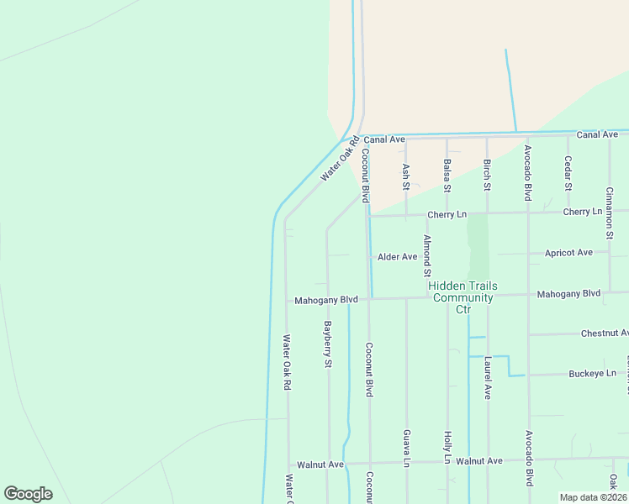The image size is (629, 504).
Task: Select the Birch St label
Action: tap(487, 174)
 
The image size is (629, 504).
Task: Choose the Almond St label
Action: tap(427, 256)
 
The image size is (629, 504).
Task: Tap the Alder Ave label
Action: tap(397, 257)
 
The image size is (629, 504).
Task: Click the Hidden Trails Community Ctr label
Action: tap(462, 297)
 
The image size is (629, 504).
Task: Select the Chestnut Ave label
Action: tap(605, 333)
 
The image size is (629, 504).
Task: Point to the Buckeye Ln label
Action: tap(593, 374)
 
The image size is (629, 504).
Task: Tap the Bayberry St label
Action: tap(329, 343)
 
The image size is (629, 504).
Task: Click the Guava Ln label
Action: tap(406, 448)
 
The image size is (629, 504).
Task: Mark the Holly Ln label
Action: tap(447, 448)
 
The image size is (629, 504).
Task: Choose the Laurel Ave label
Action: tap(487, 378)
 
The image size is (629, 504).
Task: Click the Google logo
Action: tap(28, 494)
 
